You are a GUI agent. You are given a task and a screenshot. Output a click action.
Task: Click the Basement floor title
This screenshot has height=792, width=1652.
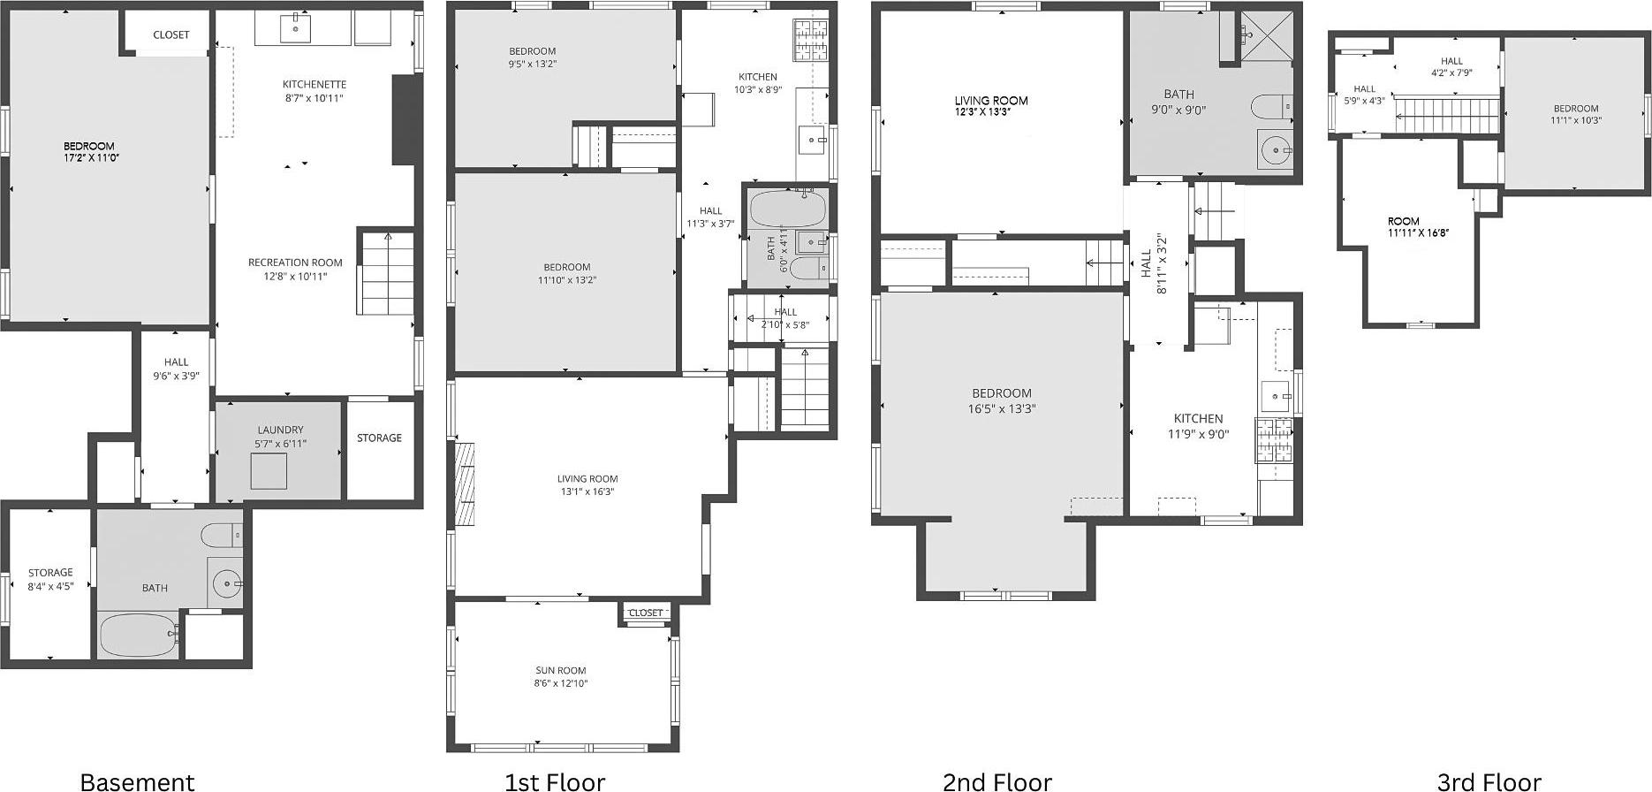pos(137,781)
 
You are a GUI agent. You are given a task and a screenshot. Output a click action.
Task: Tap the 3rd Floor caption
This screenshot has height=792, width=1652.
pos(1489,781)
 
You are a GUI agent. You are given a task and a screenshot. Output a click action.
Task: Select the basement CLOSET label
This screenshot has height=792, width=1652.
pos(171,34)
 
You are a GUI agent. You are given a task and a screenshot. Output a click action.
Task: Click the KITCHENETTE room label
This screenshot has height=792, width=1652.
pos(314,85)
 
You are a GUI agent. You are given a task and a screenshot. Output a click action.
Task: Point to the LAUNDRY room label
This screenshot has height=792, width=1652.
pos(280,430)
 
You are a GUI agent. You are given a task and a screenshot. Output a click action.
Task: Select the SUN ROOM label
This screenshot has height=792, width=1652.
pos(560,671)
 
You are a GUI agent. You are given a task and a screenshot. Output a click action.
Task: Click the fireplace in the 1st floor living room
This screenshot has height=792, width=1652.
pos(465,485)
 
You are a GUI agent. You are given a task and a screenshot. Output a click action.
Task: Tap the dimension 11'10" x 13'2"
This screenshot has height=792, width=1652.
pos(566,280)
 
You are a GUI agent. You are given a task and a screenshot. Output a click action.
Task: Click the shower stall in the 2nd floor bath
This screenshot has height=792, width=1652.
pos(1269,35)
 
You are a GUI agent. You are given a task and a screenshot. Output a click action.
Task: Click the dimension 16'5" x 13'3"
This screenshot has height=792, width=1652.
pos(1001,408)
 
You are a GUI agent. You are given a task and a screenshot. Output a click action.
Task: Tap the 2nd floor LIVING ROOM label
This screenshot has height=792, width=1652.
pos(990,101)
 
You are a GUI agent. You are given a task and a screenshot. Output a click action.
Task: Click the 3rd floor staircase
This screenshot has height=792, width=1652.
pos(1446,116)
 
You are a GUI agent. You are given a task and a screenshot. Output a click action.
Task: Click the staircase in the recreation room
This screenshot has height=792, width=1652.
pos(386,272)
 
